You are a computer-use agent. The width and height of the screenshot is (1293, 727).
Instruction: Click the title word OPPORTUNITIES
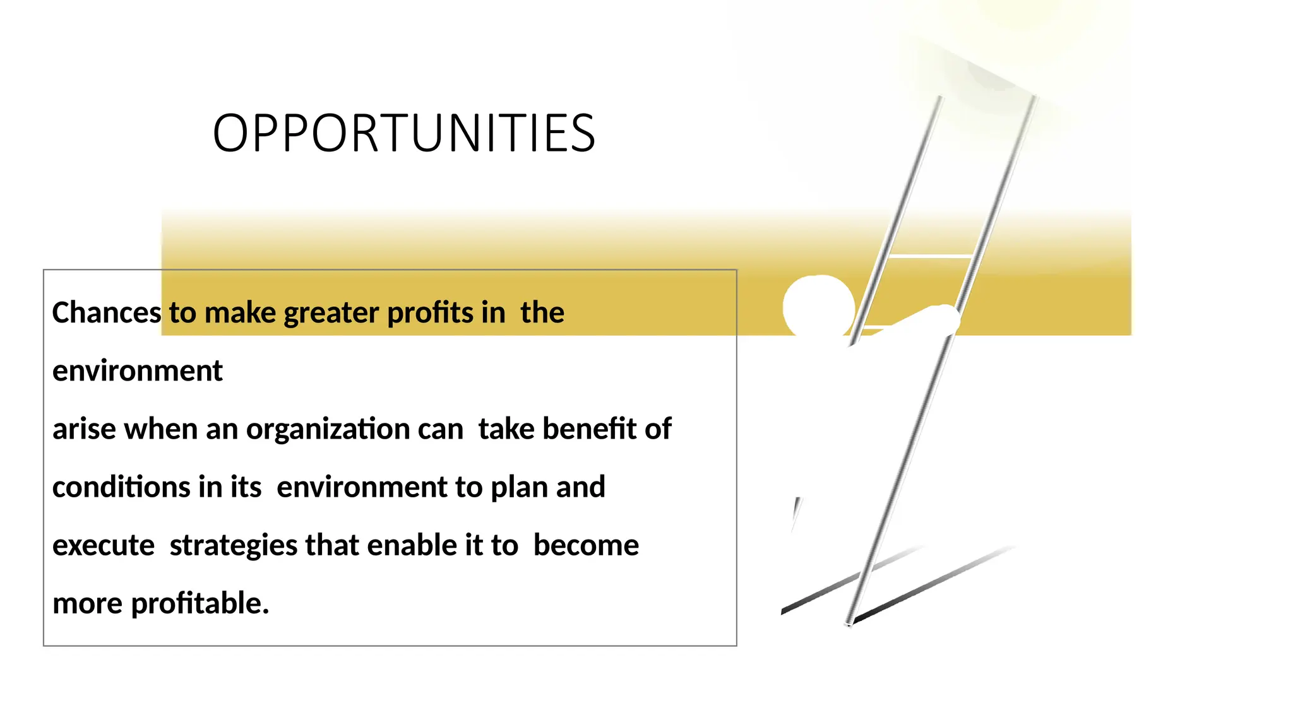(x=404, y=134)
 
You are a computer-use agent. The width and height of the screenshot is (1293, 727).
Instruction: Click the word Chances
(x=107, y=313)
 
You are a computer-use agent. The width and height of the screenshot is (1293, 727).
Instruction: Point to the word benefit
(x=589, y=429)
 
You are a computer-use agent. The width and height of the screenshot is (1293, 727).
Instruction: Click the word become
(x=586, y=545)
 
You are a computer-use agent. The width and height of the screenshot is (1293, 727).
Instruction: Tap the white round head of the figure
(x=819, y=307)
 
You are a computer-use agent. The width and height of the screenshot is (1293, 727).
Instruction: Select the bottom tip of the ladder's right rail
(x=849, y=623)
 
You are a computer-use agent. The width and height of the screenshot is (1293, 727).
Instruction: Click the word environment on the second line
(x=137, y=371)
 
